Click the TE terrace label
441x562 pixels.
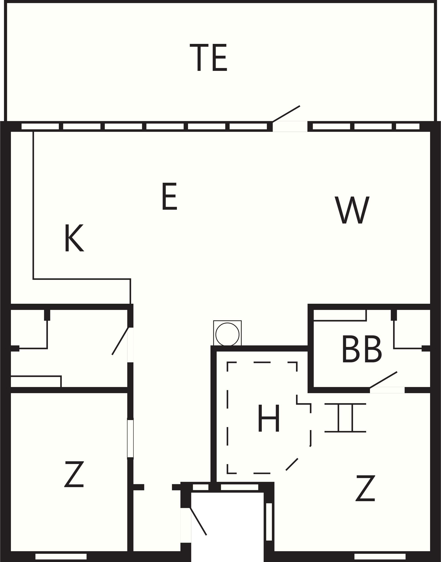coord(208,57)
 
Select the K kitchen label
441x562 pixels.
coord(74,238)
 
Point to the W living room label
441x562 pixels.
coord(352,210)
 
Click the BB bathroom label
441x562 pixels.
coord(362,349)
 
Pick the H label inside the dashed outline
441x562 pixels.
coord(269,418)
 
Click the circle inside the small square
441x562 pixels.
coord(227,334)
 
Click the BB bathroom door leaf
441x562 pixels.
coord(383,380)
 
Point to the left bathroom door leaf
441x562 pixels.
coord(120,341)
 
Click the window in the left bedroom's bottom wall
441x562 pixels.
coord(61,556)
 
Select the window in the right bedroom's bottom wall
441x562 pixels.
coord(380,556)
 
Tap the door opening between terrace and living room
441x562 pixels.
coord(290,126)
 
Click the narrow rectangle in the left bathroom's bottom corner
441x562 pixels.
coord(36,382)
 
